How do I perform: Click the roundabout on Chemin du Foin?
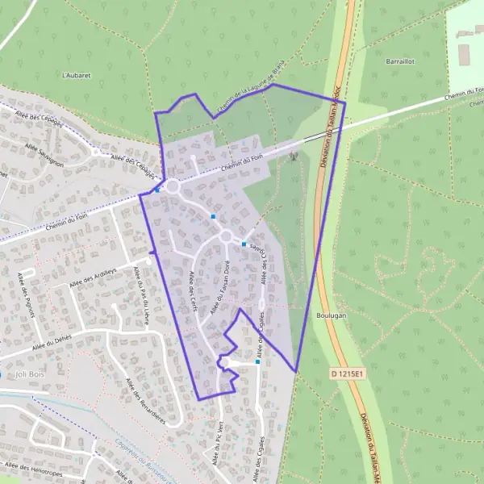coord(172,186)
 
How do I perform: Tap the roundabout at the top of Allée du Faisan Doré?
coord(227,236)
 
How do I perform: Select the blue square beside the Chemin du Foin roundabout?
coord(158,190)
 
